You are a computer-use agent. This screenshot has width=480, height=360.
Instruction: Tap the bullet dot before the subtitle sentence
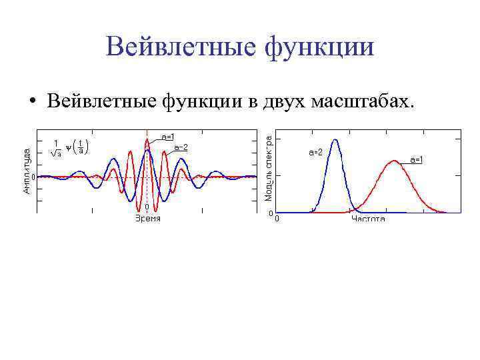click(31, 102)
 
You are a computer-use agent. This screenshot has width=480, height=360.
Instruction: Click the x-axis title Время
click(147, 219)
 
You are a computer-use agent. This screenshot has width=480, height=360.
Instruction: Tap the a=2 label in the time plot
click(181, 147)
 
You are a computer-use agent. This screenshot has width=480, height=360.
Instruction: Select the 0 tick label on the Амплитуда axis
click(32, 177)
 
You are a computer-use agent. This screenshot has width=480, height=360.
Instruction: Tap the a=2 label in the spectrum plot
click(315, 153)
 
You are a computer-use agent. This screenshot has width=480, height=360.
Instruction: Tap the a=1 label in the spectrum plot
click(417, 159)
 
